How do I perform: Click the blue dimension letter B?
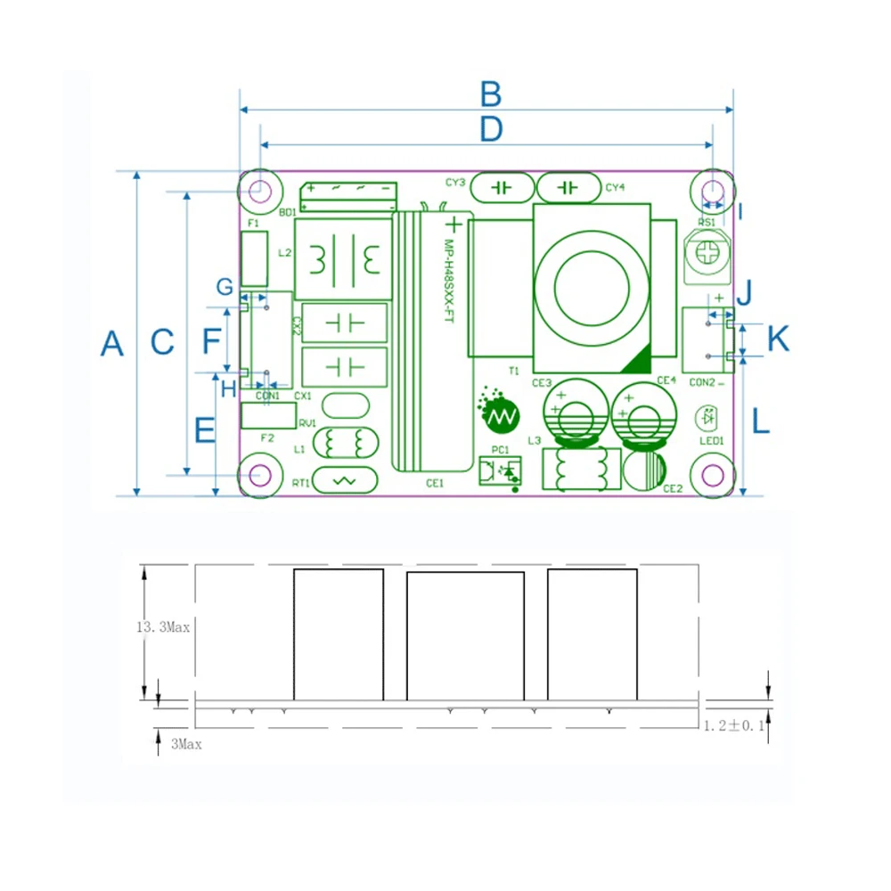pos(491,94)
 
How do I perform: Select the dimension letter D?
pos(491,130)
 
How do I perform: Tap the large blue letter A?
pos(111,343)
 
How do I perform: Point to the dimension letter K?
pos(778,339)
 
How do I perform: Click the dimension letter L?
pos(760,421)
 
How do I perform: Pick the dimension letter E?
pos(205,430)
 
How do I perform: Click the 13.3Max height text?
pos(163,627)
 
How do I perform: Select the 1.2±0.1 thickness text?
pos(733,726)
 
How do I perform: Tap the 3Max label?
pos(186,744)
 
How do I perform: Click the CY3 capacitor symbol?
pos(502,188)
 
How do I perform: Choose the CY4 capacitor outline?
pos(568,188)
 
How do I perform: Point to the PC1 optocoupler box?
pos(499,470)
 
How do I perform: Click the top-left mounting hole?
pos(260,190)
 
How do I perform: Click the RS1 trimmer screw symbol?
pos(707,253)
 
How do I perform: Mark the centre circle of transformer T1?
pos(592,286)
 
